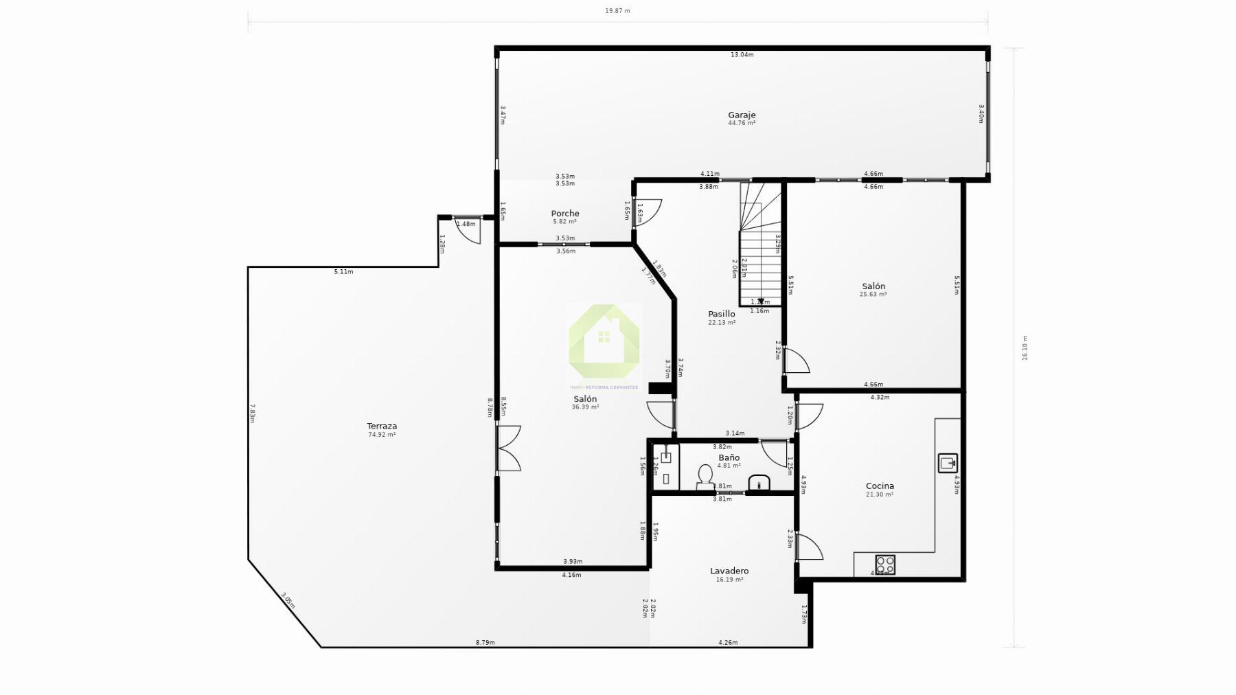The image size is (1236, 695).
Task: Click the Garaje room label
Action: click(742, 115)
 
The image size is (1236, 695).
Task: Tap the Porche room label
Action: click(564, 214)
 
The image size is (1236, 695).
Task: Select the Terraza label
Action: click(382, 426)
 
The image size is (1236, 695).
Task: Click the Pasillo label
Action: click(722, 314)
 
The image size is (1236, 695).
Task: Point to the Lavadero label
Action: click(729, 571)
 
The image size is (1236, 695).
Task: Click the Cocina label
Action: click(880, 486)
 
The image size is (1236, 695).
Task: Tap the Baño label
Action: click(729, 457)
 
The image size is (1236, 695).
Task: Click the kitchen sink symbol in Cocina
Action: click(948, 463)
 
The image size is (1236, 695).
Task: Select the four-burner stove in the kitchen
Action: click(885, 565)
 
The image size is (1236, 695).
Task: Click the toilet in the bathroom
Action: click(705, 476)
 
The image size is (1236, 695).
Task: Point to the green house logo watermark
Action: click(604, 341)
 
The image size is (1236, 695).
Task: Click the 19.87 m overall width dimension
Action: click(617, 11)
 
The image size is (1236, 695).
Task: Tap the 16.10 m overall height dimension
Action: click(1025, 348)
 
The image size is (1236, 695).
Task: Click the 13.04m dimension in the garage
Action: click(742, 55)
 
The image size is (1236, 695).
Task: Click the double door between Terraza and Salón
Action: click(508, 448)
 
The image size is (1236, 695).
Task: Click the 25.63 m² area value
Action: click(873, 295)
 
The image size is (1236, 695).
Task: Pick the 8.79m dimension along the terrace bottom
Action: click(485, 643)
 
